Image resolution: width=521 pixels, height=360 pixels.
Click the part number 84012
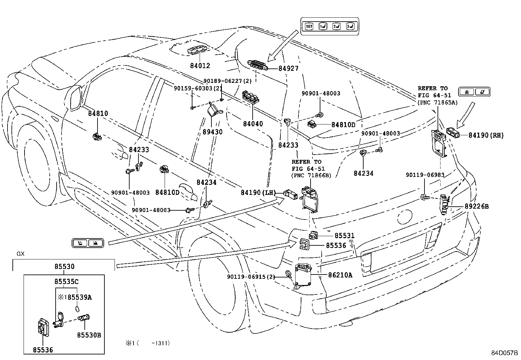click(200, 66)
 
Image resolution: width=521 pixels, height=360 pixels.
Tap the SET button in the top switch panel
click(309, 27)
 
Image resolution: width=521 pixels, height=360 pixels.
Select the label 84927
click(288, 68)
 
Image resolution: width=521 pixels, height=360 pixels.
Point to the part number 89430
click(212, 132)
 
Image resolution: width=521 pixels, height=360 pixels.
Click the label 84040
click(253, 124)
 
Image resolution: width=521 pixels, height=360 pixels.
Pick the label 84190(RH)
click(486, 135)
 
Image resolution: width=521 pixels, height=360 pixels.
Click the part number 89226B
click(476, 206)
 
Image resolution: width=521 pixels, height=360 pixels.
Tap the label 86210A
click(340, 275)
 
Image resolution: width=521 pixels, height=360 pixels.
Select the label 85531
click(344, 236)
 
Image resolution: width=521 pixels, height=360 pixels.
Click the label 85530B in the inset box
click(89, 335)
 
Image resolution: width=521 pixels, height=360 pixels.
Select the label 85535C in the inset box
click(66, 281)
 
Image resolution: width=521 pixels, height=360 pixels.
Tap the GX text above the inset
click(20, 254)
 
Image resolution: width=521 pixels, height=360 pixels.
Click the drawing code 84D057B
click(504, 353)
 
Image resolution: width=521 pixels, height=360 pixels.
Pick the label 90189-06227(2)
click(227, 81)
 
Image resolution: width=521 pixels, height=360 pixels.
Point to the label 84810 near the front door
click(98, 114)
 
